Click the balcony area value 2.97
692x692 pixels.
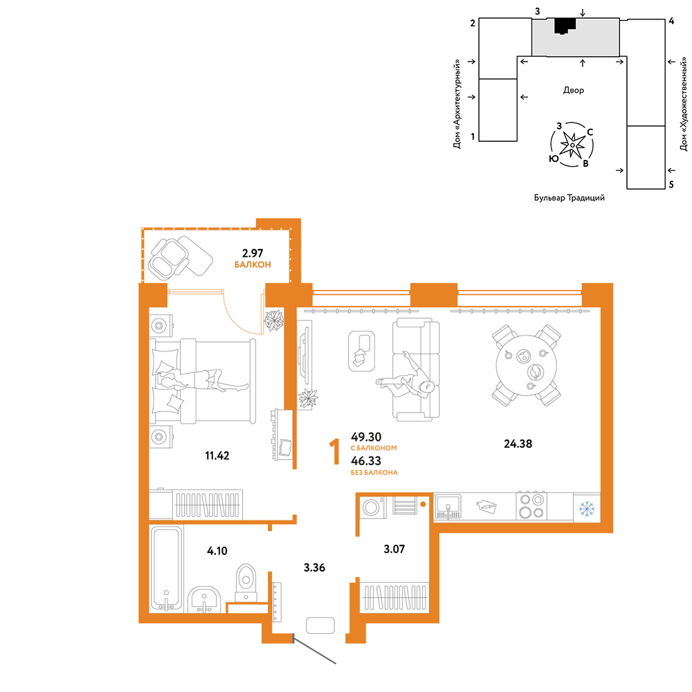pyautogui.click(x=253, y=253)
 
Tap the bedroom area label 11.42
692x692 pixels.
pyautogui.click(x=217, y=455)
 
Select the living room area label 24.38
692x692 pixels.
pyautogui.click(x=518, y=444)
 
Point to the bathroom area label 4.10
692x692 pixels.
pyautogui.click(x=217, y=551)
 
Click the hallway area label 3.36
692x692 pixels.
pyautogui.click(x=314, y=567)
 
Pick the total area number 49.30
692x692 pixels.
pyautogui.click(x=366, y=437)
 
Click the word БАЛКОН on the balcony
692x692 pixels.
pyautogui.click(x=253, y=265)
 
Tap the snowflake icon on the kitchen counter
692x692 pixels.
pyautogui.click(x=587, y=509)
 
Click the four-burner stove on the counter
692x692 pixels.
pyautogui.click(x=531, y=507)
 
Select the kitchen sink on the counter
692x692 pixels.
pyautogui.click(x=448, y=507)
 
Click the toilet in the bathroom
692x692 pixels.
pyautogui.click(x=246, y=583)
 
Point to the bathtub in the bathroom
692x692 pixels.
pyautogui.click(x=166, y=569)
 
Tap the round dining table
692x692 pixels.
pyautogui.click(x=527, y=365)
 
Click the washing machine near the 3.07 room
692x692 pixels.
pyautogui.click(x=373, y=507)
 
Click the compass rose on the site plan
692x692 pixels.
pyautogui.click(x=572, y=145)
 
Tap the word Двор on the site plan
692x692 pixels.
pyautogui.click(x=573, y=91)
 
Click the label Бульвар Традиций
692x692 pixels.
pyautogui.click(x=570, y=198)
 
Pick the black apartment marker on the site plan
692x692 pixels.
pyautogui.click(x=565, y=26)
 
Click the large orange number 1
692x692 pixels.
pyautogui.click(x=335, y=451)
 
